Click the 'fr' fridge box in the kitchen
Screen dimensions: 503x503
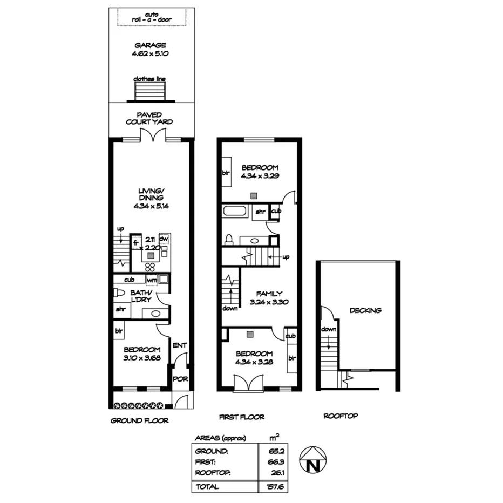click(136, 242)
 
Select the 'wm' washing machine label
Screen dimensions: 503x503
click(152, 280)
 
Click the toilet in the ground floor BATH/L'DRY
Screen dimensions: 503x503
click(119, 293)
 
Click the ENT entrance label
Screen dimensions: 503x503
click(179, 345)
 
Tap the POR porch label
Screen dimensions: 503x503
click(180, 379)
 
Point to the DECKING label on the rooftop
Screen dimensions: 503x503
click(365, 310)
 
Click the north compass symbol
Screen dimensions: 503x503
click(311, 460)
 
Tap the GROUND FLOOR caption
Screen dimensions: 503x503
click(140, 420)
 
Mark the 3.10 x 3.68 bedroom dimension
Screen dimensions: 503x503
click(142, 357)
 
